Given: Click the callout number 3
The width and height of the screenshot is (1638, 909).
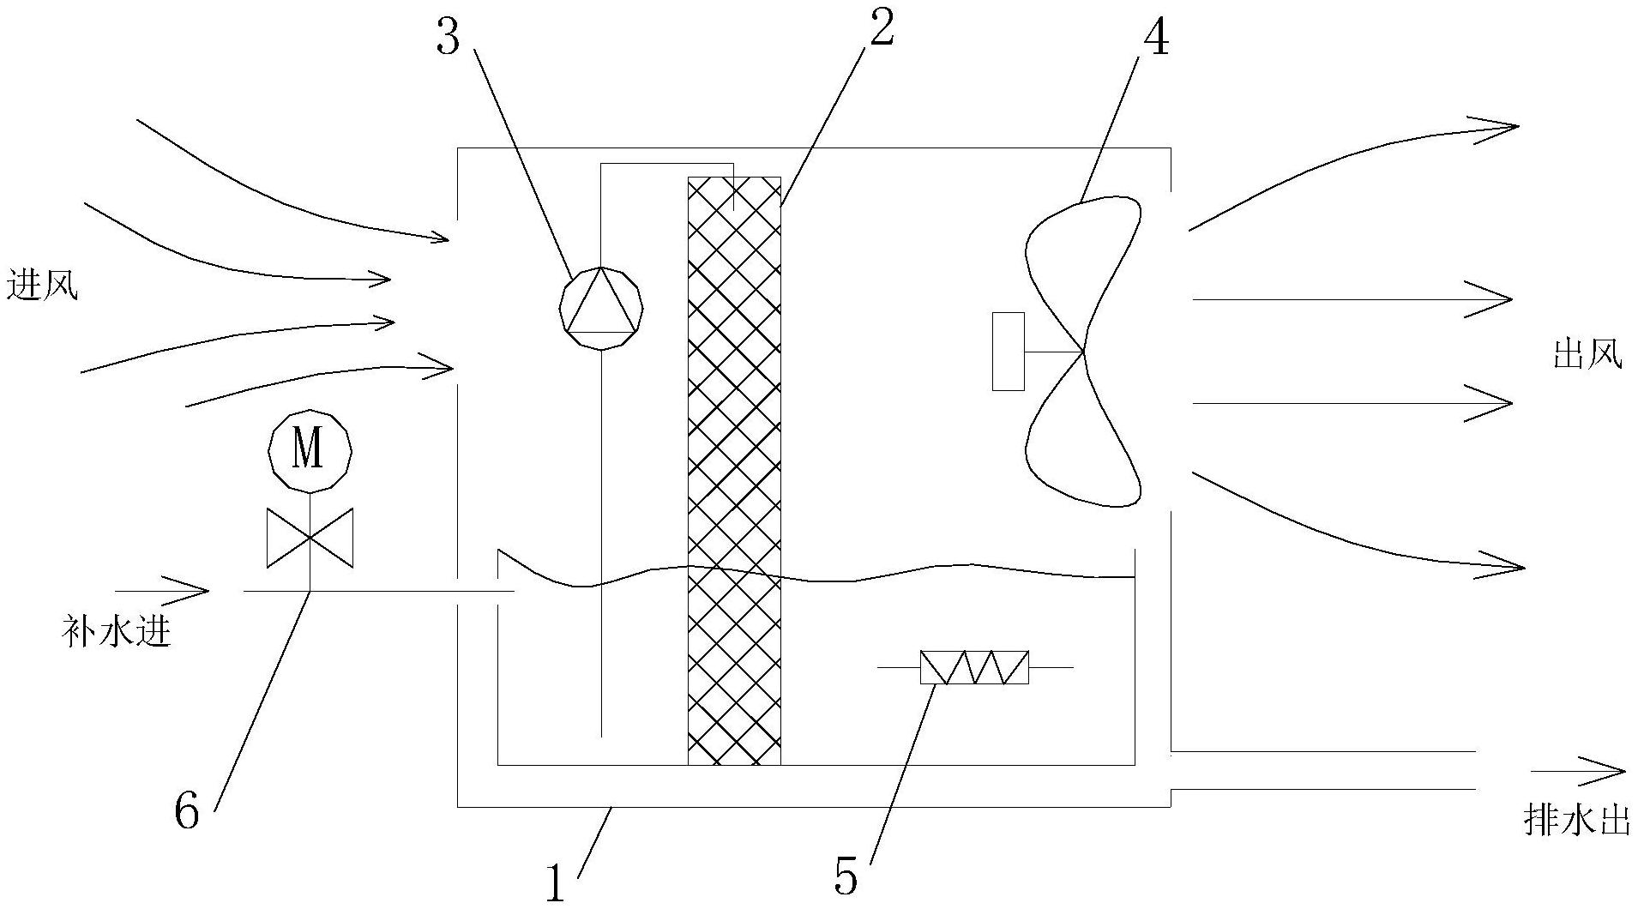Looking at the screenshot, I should click(447, 36).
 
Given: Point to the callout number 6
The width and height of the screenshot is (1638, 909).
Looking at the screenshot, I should click(187, 810).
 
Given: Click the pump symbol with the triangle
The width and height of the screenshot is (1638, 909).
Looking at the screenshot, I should click(601, 307).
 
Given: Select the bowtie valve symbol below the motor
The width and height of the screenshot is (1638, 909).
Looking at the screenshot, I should click(310, 538).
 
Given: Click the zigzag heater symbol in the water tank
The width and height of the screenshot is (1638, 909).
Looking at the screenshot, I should click(974, 667).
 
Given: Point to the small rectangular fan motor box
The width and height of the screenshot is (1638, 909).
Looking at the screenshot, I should click(1008, 352).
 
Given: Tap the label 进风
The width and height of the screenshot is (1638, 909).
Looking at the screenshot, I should click(41, 286).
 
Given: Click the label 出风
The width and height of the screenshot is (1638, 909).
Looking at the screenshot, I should click(1587, 354).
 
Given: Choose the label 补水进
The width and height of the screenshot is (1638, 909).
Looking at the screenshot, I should click(117, 633).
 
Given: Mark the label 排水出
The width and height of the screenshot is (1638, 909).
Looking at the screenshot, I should click(1576, 821).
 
